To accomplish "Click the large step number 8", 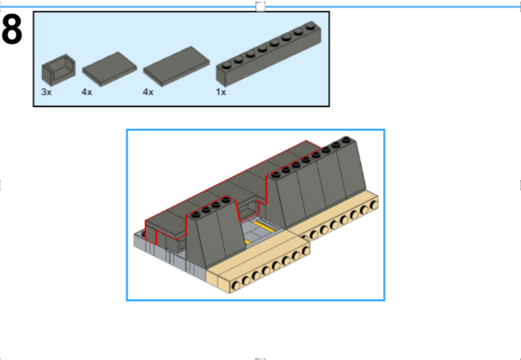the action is point(12,30).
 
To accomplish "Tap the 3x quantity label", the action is point(46,92).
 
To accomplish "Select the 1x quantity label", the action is point(221,92).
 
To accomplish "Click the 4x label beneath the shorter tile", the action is point(86,92).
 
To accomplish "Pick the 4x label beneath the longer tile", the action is point(148,92).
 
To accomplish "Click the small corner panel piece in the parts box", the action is point(58,70).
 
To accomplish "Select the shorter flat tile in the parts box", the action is point(110,69).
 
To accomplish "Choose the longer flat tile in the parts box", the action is point(176,66).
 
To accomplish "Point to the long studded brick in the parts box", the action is point(268,54).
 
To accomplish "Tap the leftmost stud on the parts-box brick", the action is point(226,65).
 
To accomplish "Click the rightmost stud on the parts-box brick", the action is point(311,25).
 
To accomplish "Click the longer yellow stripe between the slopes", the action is point(264,226).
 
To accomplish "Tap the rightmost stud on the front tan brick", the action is point(306,250).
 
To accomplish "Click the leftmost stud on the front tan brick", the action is point(236,286).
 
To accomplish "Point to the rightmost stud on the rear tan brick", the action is point(375,205).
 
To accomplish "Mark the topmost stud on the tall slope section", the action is point(347,139).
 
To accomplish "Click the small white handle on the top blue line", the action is point(261,6).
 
